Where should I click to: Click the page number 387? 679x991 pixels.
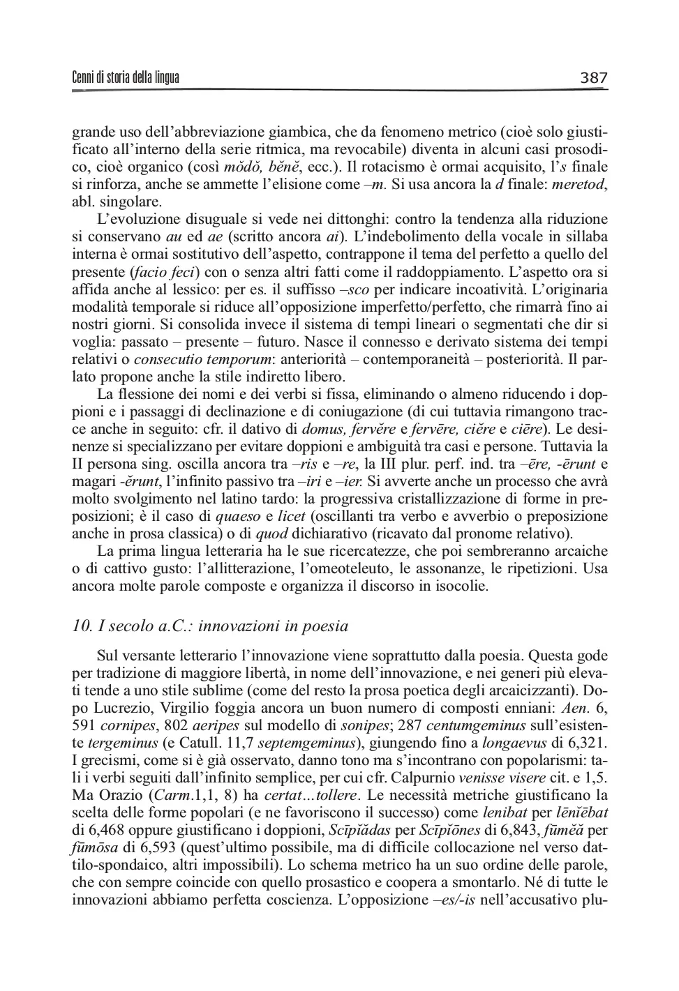594,77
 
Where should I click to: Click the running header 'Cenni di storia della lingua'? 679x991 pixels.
126,77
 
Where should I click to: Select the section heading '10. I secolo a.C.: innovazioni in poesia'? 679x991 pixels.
210,626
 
